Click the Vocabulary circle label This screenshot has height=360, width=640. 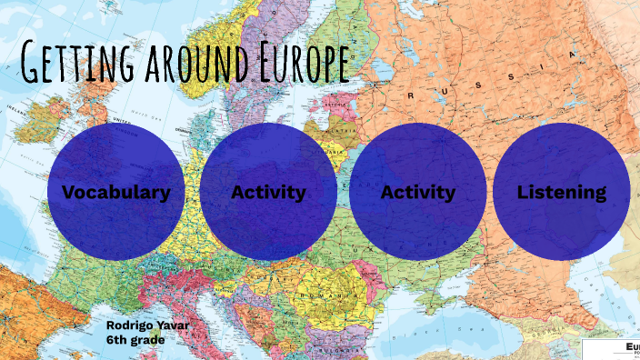tap(116, 192)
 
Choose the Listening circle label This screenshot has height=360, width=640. tap(561, 192)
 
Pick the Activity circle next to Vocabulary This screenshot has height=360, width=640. tap(268, 192)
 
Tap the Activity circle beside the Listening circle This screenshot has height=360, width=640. tap(417, 192)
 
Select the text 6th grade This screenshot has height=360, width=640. tap(134, 339)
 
